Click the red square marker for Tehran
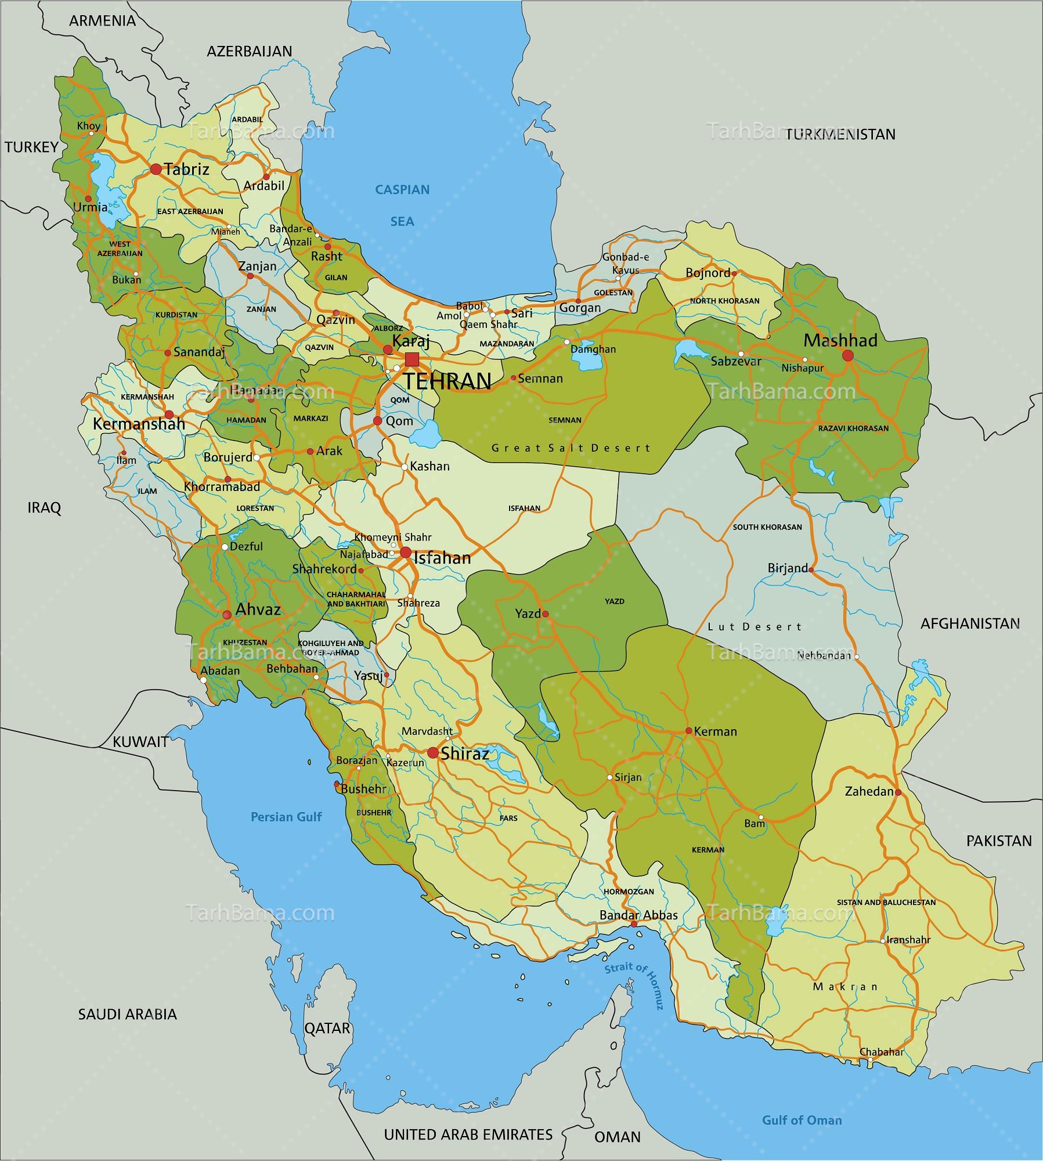tap(412, 359)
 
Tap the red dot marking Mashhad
tap(847, 355)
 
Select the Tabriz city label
tap(186, 170)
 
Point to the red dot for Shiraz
tap(432, 753)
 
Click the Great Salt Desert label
tap(571, 448)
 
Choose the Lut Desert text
tap(755, 626)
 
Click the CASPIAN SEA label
tap(402, 205)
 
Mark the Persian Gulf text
tap(286, 817)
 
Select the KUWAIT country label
tap(140, 741)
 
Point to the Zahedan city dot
tap(897, 792)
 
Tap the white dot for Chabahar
tap(869, 1060)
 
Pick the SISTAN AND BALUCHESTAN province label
tap(886, 902)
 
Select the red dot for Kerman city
tap(688, 731)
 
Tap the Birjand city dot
tap(811, 570)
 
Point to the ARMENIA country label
tap(102, 21)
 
